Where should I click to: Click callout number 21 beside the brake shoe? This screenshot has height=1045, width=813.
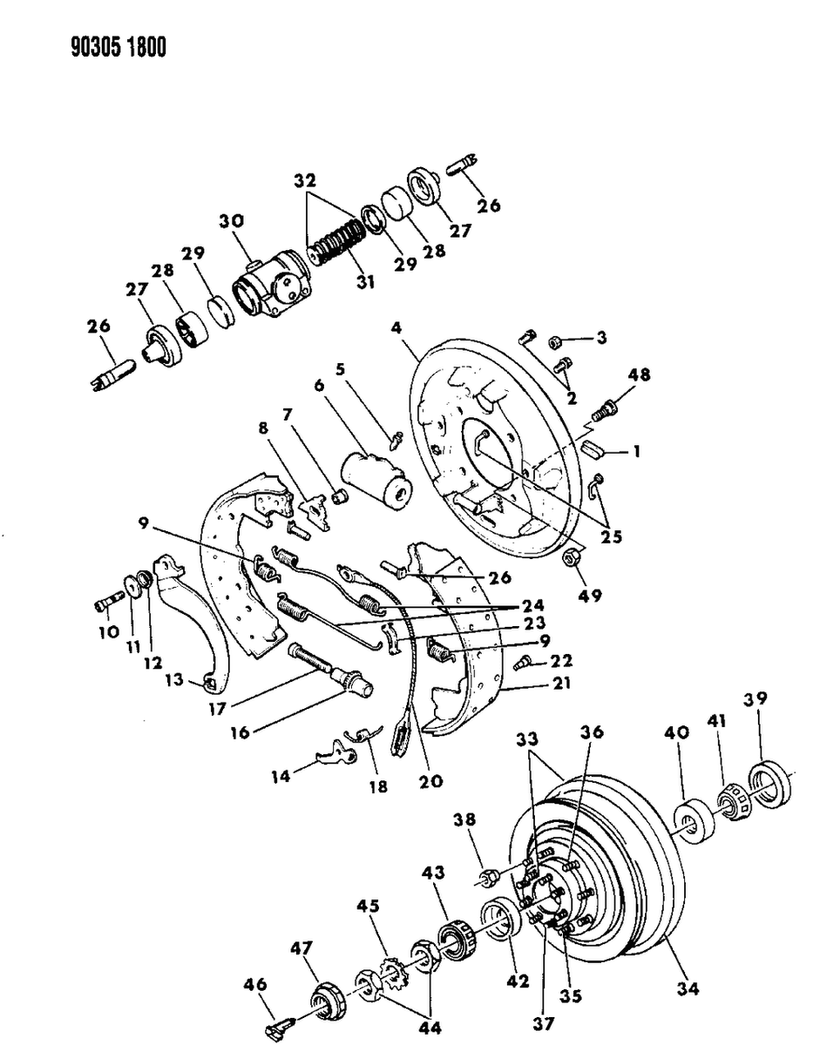click(561, 684)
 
